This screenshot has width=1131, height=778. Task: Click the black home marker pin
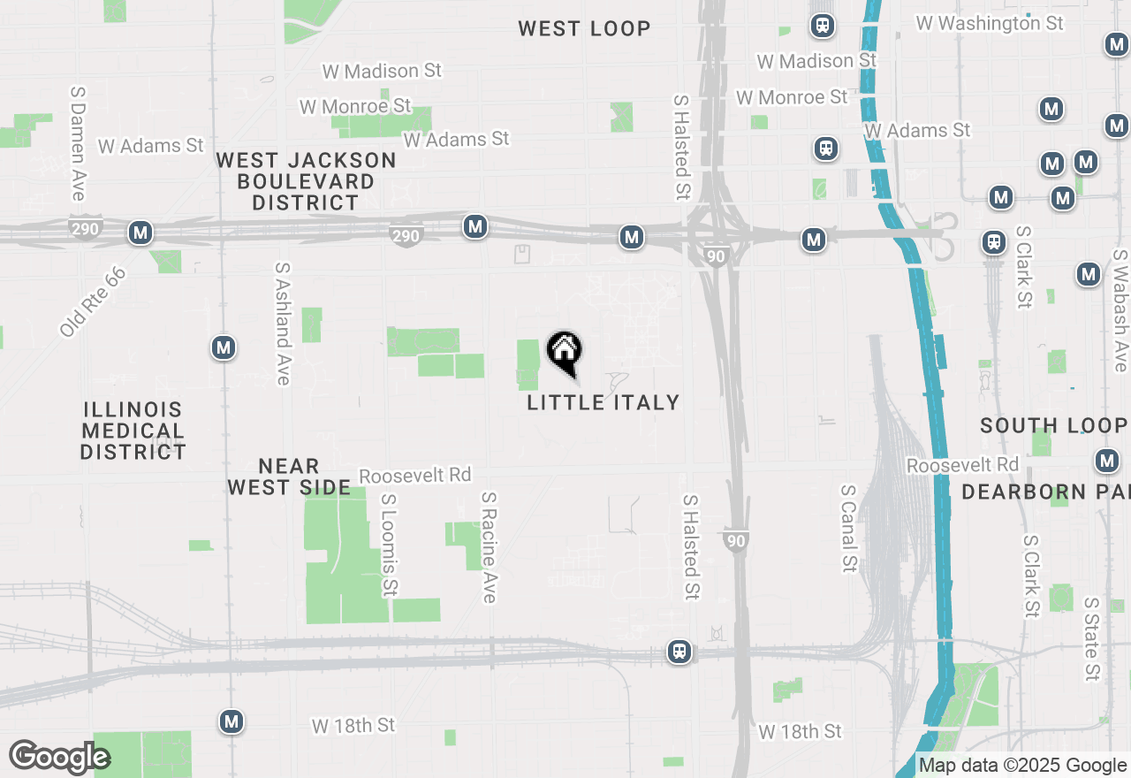pyautogui.click(x=564, y=352)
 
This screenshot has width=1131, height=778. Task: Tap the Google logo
pyautogui.click(x=59, y=757)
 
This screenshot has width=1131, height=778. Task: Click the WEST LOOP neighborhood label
pyautogui.click(x=584, y=29)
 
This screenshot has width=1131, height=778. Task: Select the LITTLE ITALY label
pyautogui.click(x=603, y=402)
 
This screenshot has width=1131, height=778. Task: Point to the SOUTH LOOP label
pyautogui.click(x=1053, y=425)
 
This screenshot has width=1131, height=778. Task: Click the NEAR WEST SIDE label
pyautogui.click(x=289, y=477)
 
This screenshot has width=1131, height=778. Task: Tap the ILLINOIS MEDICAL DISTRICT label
pyautogui.click(x=133, y=431)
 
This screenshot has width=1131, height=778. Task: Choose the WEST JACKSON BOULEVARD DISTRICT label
pyautogui.click(x=307, y=181)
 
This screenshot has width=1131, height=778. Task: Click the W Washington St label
pyautogui.click(x=990, y=24)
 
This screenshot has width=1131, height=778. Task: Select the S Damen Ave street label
pyautogui.click(x=78, y=143)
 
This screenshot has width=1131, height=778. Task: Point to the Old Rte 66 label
pyautogui.click(x=93, y=301)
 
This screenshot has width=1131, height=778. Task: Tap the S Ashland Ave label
pyautogui.click(x=283, y=323)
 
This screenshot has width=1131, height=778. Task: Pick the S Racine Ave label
pyautogui.click(x=489, y=548)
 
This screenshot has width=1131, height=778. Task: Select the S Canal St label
pyautogui.click(x=849, y=528)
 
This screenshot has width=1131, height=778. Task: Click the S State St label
pyautogui.click(x=1093, y=638)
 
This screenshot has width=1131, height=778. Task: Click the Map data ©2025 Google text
pyautogui.click(x=1023, y=766)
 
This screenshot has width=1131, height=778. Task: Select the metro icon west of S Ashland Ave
pyautogui.click(x=224, y=347)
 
